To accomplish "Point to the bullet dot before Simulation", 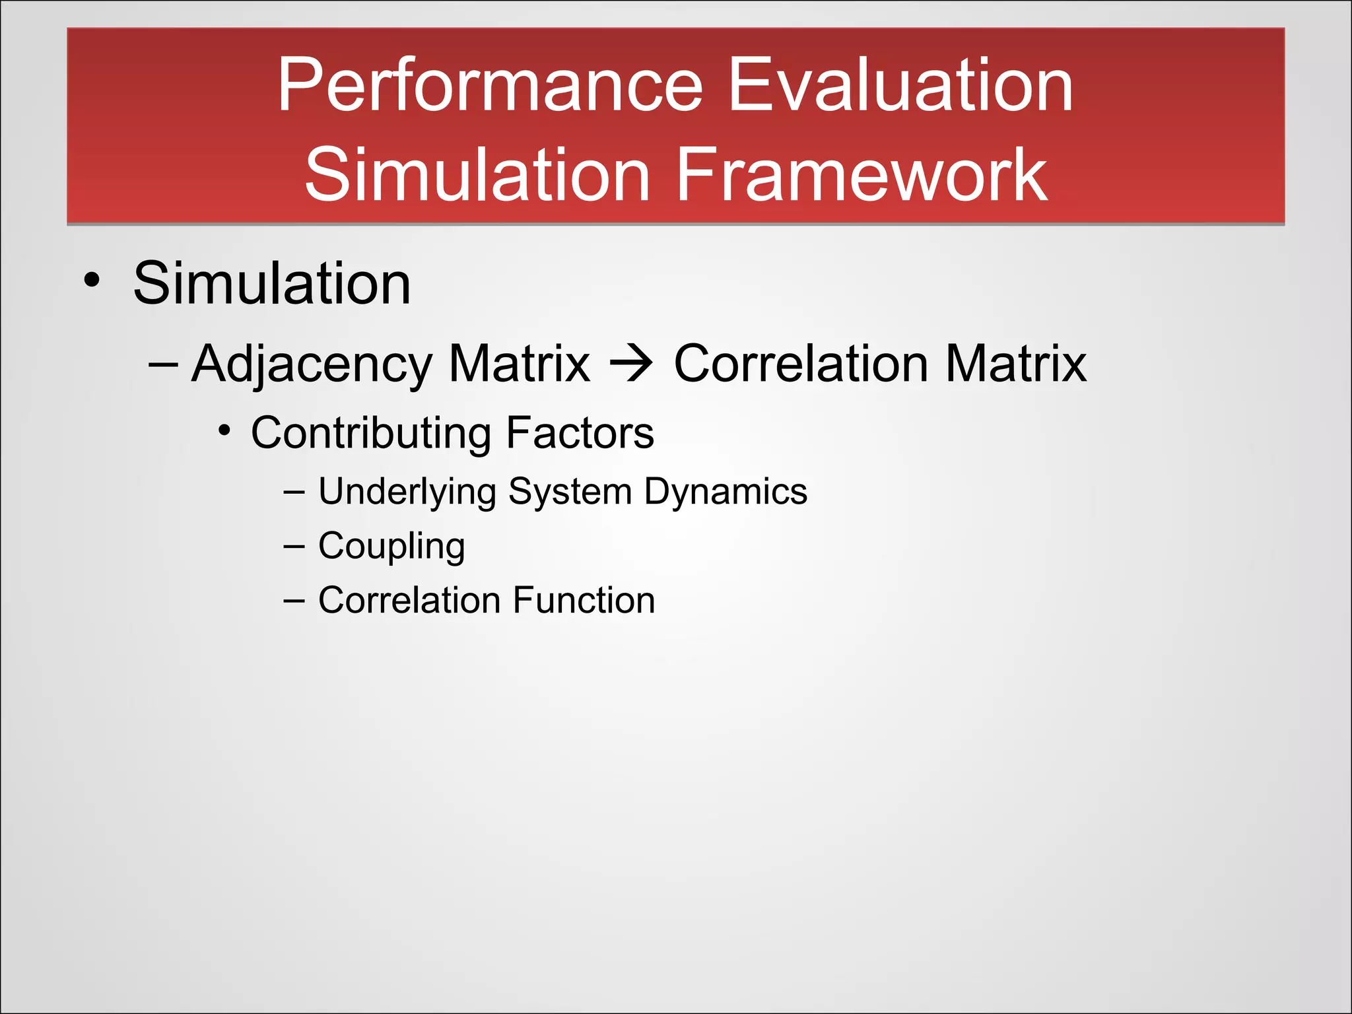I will (92, 280).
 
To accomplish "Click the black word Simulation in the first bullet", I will (272, 283).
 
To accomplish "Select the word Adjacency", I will (312, 364).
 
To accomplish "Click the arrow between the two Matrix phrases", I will (631, 364).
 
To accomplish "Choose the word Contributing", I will (370, 434).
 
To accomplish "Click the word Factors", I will (580, 433).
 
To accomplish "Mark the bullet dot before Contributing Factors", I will (225, 431).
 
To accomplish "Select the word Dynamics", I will (726, 492).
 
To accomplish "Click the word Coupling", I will (391, 547).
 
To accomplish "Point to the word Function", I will (584, 600).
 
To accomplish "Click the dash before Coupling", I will (294, 547).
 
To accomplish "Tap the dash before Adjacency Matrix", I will (163, 364).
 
